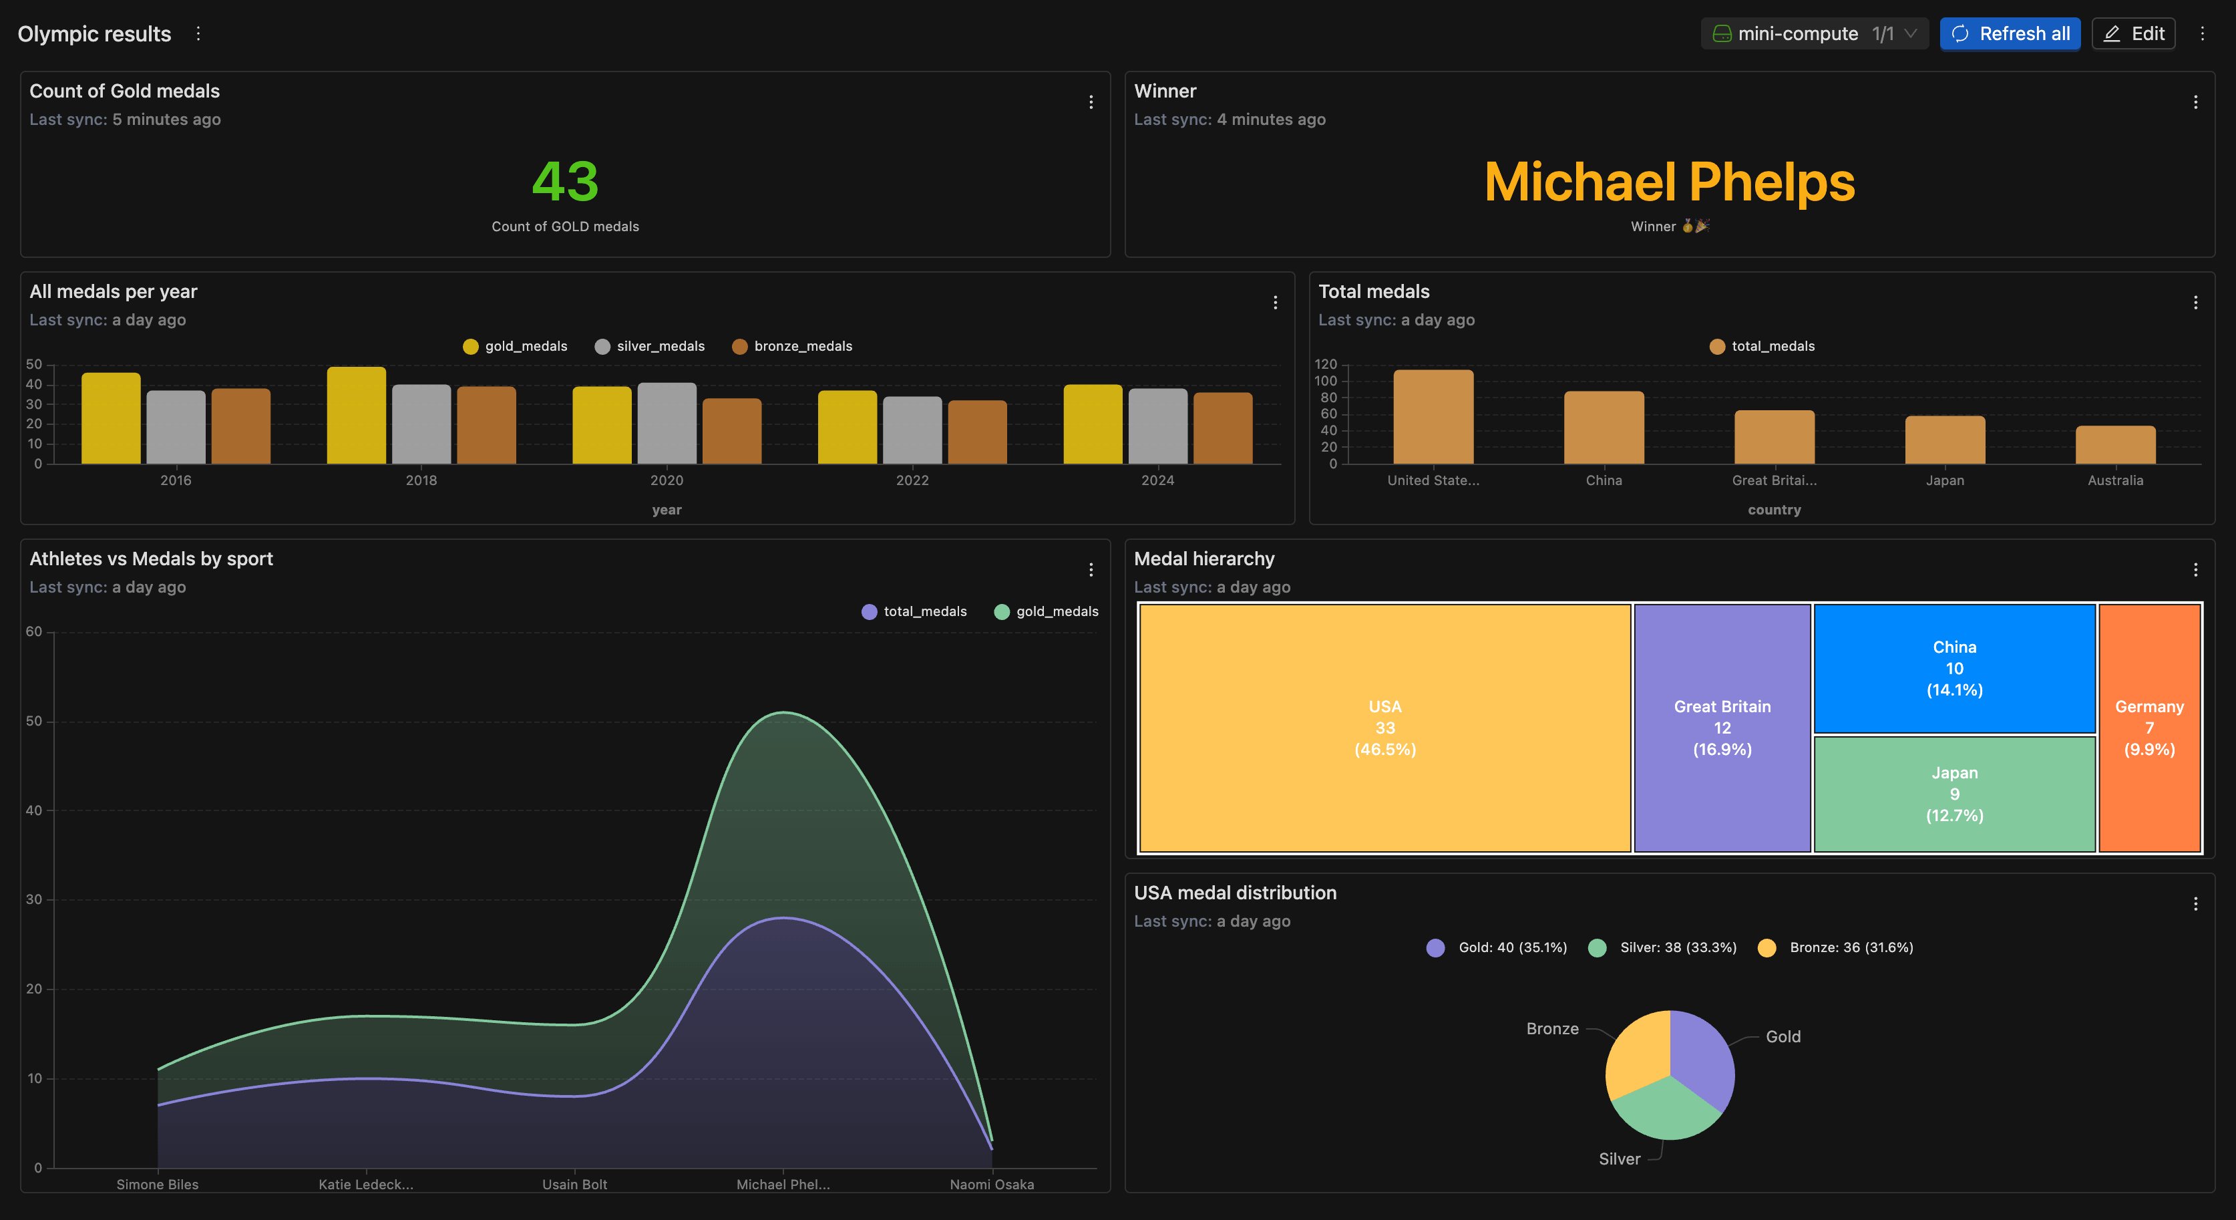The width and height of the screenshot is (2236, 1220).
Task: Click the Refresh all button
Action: [x=2010, y=34]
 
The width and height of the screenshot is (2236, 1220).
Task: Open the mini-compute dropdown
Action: [x=1814, y=34]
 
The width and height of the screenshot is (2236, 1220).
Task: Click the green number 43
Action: [x=565, y=182]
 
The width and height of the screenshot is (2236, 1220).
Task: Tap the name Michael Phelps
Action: [x=1669, y=182]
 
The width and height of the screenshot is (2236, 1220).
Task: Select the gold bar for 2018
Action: [x=356, y=415]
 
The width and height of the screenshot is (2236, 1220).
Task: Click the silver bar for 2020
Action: [x=667, y=423]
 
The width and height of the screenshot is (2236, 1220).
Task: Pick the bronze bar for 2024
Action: [x=1222, y=428]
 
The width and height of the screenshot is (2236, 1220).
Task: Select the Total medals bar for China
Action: [x=1604, y=427]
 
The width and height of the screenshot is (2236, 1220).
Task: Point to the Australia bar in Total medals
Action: [x=2114, y=444]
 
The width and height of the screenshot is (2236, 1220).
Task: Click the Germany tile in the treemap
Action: [x=2149, y=728]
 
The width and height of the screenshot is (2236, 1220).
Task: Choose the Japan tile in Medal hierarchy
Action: [x=1954, y=794]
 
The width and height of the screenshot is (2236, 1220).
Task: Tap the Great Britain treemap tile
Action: [x=1722, y=728]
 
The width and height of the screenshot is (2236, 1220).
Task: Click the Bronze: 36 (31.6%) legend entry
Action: [x=1836, y=947]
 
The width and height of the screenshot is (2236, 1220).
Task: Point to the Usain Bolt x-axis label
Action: [x=574, y=1185]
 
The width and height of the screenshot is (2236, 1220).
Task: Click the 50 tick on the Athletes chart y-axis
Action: [x=34, y=721]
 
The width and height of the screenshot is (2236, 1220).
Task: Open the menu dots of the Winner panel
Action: [x=2195, y=102]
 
